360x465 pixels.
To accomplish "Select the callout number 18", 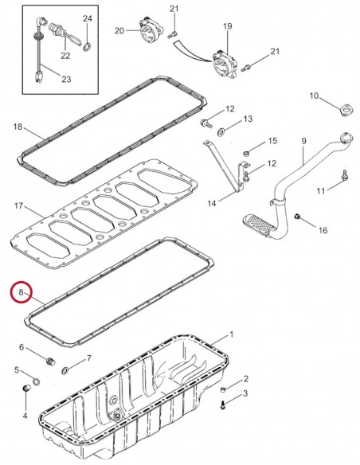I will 18,127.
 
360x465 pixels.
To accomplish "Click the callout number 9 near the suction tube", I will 303,142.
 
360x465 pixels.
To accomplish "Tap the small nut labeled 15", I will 247,152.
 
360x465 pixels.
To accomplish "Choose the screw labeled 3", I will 225,405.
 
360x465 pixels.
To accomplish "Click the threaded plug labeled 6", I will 49,362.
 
